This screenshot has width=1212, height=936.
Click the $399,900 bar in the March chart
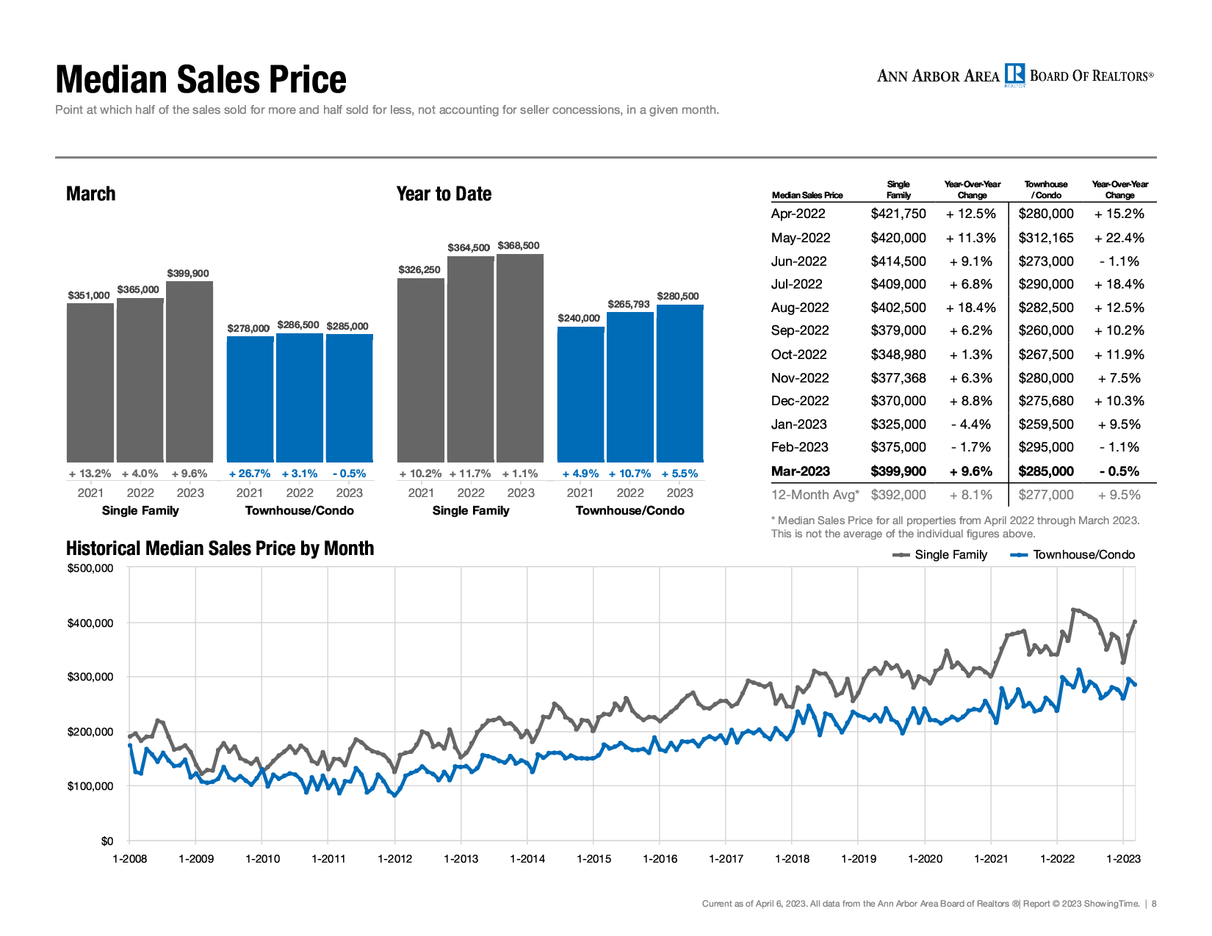pyautogui.click(x=190, y=371)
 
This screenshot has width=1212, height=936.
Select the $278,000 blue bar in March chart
pyautogui.click(x=250, y=399)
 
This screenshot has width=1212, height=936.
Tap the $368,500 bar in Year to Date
pyautogui.click(x=520, y=358)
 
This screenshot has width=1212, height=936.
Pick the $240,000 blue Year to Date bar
pyautogui.click(x=580, y=394)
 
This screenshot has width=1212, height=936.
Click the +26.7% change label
pyautogui.click(x=250, y=474)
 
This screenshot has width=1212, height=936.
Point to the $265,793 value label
pyautogui.click(x=629, y=304)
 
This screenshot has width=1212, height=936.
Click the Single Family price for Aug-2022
pyautogui.click(x=898, y=308)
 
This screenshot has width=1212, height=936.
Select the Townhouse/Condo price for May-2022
pyautogui.click(x=1046, y=238)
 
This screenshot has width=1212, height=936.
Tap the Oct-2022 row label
pyautogui.click(x=799, y=355)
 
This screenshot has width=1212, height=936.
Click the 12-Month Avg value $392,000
pyautogui.click(x=898, y=495)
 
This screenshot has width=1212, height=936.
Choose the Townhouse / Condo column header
pyautogui.click(x=1046, y=189)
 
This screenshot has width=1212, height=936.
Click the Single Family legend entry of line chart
pyautogui.click(x=941, y=555)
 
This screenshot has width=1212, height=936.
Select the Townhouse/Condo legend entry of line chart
pyautogui.click(x=1074, y=555)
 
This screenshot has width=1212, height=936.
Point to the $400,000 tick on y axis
pyautogui.click(x=90, y=623)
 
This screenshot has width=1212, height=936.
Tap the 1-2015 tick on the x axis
pyautogui.click(x=594, y=859)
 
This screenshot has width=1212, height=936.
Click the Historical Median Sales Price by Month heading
pyautogui.click(x=220, y=548)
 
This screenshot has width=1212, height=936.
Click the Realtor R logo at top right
pyautogui.click(x=1014, y=75)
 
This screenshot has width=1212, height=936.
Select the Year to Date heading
pyautogui.click(x=444, y=194)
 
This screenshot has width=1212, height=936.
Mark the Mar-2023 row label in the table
pyautogui.click(x=801, y=471)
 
